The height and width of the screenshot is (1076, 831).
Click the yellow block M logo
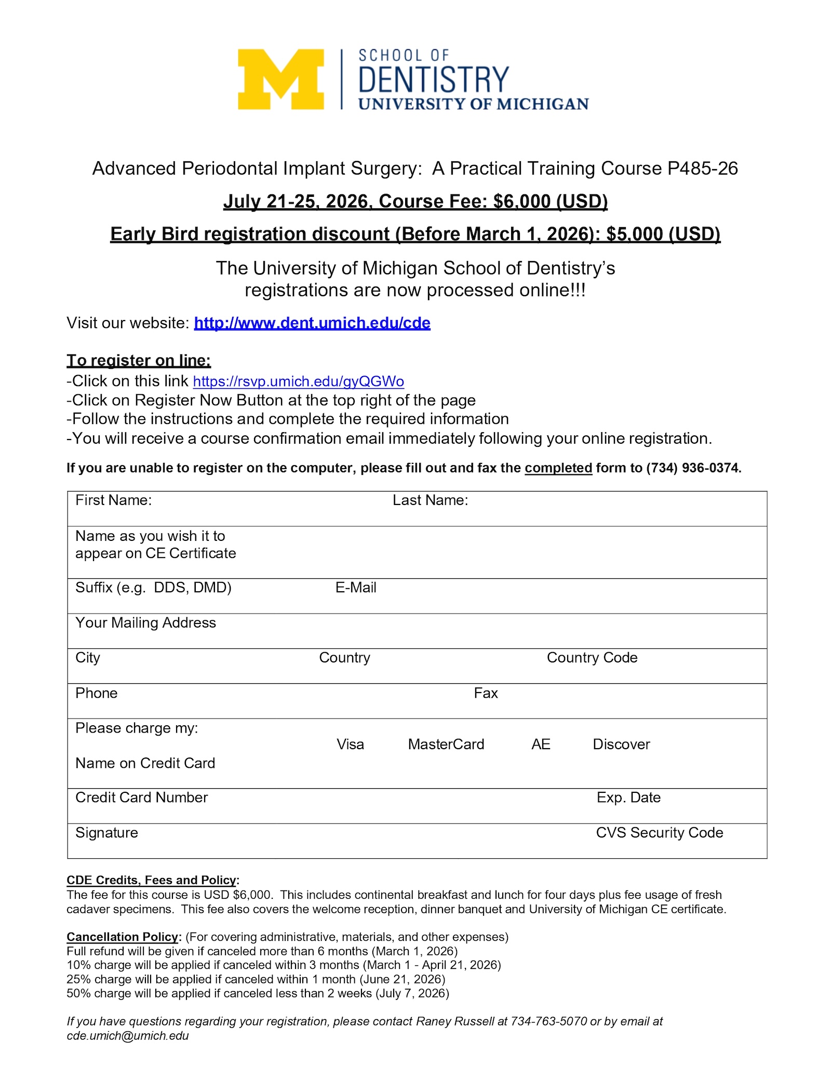(x=280, y=79)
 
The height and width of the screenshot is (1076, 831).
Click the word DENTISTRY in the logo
(x=434, y=79)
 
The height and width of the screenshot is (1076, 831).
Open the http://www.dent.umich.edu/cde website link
(x=312, y=323)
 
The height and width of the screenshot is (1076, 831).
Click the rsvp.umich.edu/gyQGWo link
(x=299, y=382)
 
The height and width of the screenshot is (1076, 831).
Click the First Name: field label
(x=113, y=500)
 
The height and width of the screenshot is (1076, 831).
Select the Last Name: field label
(x=430, y=500)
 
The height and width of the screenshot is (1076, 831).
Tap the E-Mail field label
(x=356, y=588)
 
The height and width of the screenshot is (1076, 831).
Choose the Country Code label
(x=592, y=658)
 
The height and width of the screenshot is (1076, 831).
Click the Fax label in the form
(x=486, y=693)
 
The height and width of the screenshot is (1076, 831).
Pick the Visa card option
(x=350, y=745)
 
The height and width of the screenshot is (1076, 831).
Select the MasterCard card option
(x=446, y=745)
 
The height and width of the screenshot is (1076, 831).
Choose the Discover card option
(x=621, y=745)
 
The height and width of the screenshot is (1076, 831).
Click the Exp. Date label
(x=628, y=798)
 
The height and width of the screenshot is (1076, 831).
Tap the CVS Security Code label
(x=659, y=833)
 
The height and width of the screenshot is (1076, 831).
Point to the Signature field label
(x=106, y=833)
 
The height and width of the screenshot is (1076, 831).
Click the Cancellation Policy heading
(x=123, y=937)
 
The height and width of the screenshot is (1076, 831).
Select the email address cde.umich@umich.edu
(x=128, y=1035)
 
